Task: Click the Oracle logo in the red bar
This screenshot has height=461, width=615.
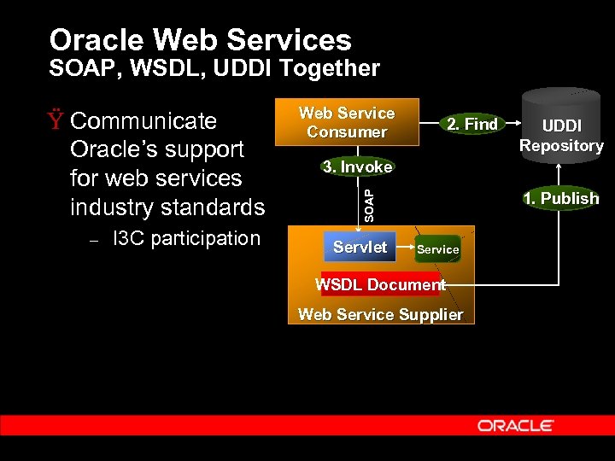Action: (x=515, y=425)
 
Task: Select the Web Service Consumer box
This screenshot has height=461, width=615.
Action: (x=347, y=123)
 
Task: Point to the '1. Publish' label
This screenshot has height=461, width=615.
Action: (x=561, y=198)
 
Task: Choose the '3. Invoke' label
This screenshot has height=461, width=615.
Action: (x=357, y=166)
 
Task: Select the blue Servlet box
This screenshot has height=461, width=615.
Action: (x=360, y=248)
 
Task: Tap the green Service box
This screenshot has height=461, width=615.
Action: (x=438, y=249)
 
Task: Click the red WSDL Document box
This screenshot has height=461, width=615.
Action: (x=380, y=284)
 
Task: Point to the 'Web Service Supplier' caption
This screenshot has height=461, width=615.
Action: (x=380, y=314)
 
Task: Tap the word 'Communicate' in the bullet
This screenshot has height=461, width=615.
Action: (x=143, y=120)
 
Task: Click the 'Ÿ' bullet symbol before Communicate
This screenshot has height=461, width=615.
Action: (x=56, y=120)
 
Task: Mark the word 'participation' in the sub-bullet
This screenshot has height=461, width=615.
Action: (x=206, y=239)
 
